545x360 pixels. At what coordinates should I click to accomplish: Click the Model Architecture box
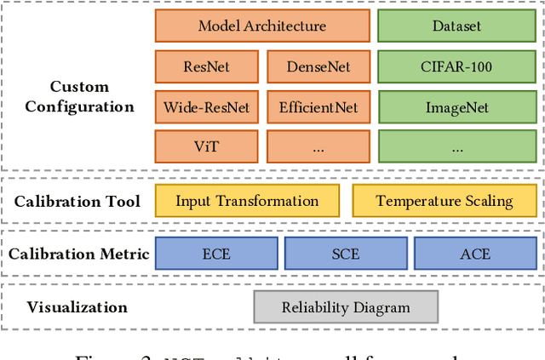pos(262,26)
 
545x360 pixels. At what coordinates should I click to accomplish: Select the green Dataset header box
pos(456,26)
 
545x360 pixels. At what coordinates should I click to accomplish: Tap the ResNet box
pos(206,66)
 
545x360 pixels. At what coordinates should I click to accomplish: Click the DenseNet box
pos(318,66)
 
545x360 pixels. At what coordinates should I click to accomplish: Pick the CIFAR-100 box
pos(456,66)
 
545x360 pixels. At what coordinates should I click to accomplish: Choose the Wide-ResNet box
pos(206,108)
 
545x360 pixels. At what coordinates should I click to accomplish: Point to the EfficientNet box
pos(318,108)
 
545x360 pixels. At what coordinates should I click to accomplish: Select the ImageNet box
pos(456,108)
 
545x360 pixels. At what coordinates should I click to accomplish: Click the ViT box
pos(206,146)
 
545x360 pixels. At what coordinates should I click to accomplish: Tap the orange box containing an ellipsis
pos(318,146)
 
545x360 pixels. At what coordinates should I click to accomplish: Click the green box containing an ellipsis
pos(456,146)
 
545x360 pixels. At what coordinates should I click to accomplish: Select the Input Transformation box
pos(247,202)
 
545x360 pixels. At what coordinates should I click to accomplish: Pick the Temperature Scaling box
pos(445,202)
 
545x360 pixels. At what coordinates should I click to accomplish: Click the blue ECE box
pos(216,253)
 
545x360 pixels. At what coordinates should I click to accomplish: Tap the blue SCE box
pos(345,253)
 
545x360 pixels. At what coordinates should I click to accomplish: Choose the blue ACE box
pos(474,253)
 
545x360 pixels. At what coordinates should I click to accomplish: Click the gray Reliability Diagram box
pos(346,307)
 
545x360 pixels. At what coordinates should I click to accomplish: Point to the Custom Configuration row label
pos(79,97)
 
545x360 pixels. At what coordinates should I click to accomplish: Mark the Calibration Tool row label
pos(77,203)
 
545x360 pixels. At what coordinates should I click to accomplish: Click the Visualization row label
pos(77,307)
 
